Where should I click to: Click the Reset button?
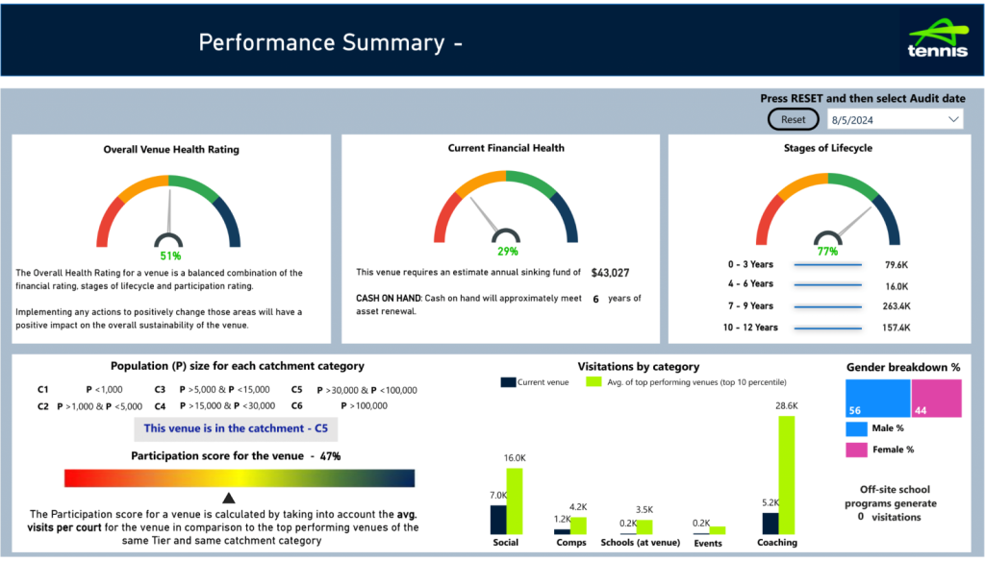click(794, 119)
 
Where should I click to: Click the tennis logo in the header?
click(938, 39)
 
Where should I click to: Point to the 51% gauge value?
click(170, 256)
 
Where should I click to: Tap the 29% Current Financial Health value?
click(507, 251)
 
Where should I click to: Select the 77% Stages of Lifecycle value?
click(827, 252)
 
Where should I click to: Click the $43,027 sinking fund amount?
click(610, 273)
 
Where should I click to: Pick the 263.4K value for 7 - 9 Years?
click(897, 306)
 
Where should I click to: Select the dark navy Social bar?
click(498, 520)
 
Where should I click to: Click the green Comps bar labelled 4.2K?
click(578, 525)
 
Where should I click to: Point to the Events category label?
click(707, 543)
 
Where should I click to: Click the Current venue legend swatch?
click(508, 382)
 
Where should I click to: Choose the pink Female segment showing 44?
click(936, 398)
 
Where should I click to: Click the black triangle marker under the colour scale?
click(229, 498)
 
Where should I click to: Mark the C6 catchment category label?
click(298, 406)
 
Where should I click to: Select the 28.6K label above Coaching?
click(786, 406)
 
